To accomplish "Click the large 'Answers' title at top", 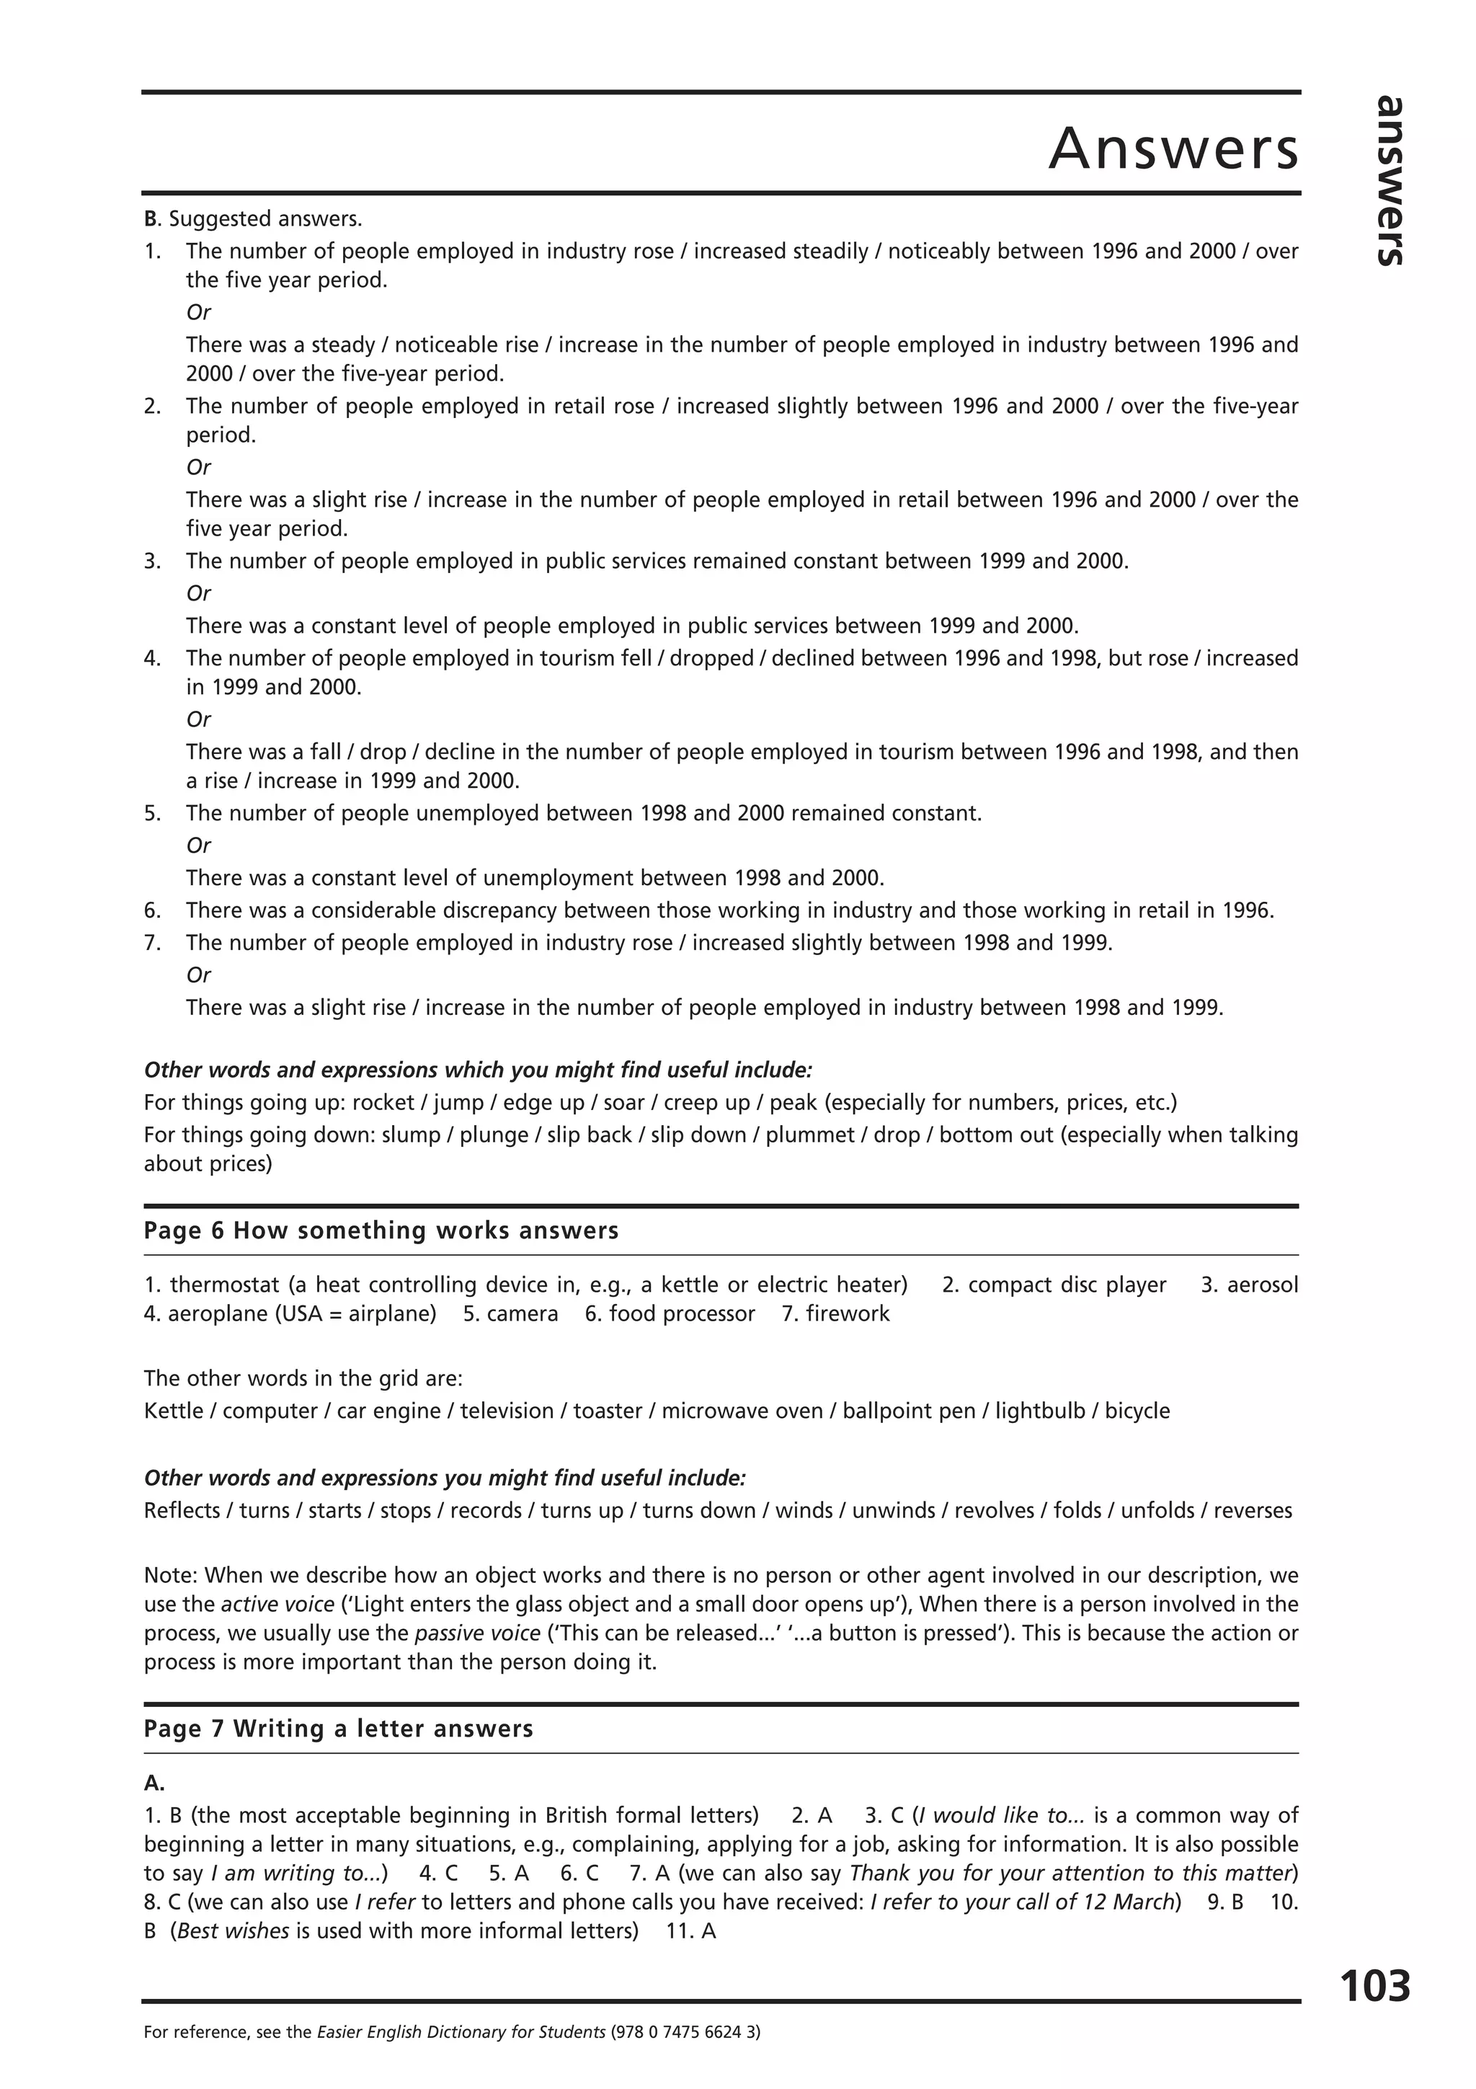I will click(x=1173, y=148).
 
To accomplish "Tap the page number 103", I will click(x=1374, y=1985).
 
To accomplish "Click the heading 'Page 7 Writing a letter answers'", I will click(x=338, y=1729).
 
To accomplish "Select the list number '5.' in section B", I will click(x=152, y=812).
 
